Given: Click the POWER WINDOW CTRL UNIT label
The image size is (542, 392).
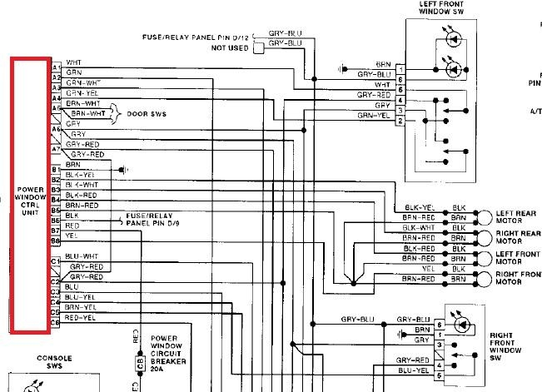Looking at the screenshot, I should coord(31,201).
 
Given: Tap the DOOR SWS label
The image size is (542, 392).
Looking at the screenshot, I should coord(146,113).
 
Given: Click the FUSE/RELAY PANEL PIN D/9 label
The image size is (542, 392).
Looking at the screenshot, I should coord(152,219).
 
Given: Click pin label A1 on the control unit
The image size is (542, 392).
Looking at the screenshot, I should coord(56,65).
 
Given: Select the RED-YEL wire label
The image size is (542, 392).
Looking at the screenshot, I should coord(80,317).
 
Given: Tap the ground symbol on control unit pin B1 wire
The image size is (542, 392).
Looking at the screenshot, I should coord(123,169).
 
